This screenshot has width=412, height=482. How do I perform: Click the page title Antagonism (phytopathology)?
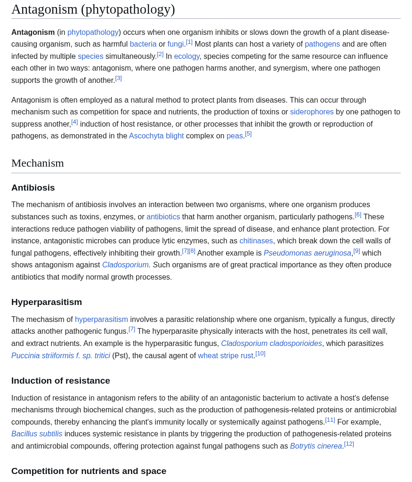coord(93,9)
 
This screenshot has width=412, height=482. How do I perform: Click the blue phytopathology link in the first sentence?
coord(93,32)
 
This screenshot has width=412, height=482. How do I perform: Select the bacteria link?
coord(143,44)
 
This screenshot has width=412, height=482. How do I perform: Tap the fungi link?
coord(176,44)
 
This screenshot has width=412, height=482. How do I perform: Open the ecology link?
coord(186,56)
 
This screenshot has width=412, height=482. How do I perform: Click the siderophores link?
coord(312,112)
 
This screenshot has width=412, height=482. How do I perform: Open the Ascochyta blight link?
coord(156,136)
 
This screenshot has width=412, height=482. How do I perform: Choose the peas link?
coord(234,136)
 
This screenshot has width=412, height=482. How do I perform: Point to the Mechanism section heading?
coord(38,163)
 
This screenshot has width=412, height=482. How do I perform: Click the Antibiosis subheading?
coord(33,188)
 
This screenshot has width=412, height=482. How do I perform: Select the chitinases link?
coord(256,241)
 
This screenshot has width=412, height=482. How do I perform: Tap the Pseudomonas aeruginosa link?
coord(307,253)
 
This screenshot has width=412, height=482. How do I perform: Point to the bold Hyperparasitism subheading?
coord(47,302)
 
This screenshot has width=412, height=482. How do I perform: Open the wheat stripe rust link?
coord(226,356)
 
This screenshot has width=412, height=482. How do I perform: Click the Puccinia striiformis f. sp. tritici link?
coord(61,356)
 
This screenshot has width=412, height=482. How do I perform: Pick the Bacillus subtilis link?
coord(37,434)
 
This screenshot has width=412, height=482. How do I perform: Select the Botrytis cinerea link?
coord(316,446)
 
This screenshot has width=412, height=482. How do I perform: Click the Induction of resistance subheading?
coord(61,381)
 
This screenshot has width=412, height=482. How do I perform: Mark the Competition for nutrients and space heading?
coord(89,471)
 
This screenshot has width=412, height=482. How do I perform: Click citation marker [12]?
coord(349,444)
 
